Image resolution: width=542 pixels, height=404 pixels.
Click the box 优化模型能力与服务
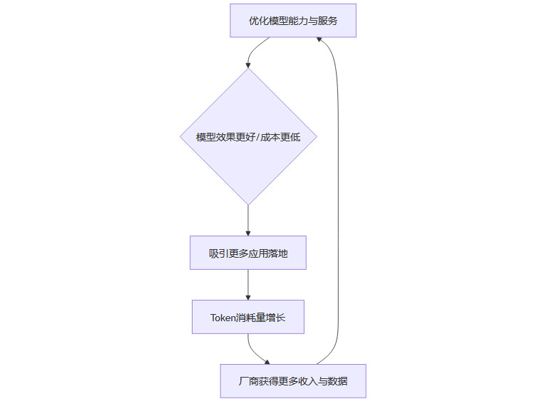pos(292,21)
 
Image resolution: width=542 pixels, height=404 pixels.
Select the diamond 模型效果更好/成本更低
pos(248,136)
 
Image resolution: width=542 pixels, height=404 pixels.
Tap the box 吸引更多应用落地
pos(248,253)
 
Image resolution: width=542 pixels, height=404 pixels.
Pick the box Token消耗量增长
pos(248,317)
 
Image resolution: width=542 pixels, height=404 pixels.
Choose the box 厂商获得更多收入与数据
pos(293,381)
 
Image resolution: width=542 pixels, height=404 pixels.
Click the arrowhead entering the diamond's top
pos(248,65)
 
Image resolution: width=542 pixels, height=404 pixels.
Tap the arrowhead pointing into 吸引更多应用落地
pos(248,232)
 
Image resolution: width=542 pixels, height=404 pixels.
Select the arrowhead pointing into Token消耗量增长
pos(248,296)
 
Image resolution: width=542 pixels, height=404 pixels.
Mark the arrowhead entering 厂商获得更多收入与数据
pos(267,361)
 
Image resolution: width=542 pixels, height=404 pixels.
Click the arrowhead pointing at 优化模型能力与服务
pos(320,41)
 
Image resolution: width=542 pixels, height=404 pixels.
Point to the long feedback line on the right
pos(337,200)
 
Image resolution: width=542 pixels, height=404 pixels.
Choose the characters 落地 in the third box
pos(278,253)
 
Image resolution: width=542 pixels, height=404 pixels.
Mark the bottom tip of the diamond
pos(248,204)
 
